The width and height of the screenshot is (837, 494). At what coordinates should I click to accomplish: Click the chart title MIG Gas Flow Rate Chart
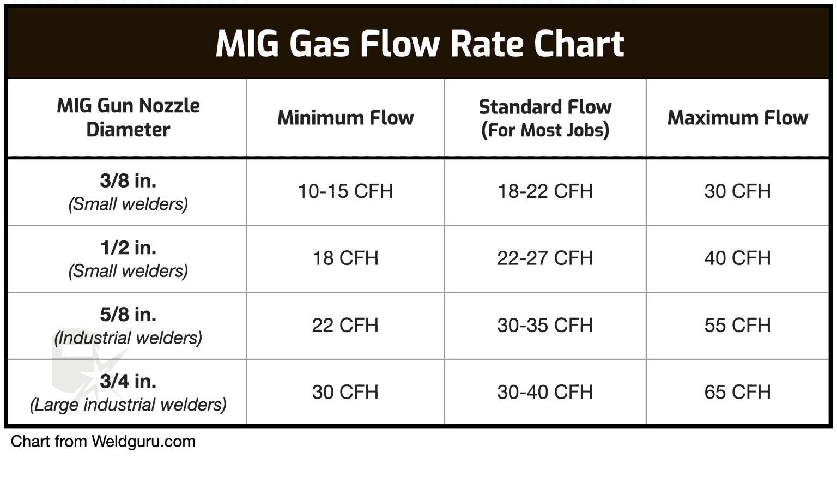point(419,44)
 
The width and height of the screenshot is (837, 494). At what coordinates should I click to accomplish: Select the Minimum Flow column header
point(345,118)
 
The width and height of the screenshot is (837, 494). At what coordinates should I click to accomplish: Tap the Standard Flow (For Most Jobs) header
point(545,118)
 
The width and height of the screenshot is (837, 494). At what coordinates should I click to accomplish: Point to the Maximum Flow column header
point(737,118)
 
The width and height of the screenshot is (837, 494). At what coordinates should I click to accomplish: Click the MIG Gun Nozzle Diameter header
point(128,118)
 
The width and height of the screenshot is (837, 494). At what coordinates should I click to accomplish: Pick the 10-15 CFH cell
point(345,191)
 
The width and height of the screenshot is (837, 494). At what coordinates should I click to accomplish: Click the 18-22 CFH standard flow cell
point(545,191)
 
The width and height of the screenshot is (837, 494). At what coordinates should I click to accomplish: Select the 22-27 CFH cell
point(545,258)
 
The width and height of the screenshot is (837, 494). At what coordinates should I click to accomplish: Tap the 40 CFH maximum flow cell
point(737,258)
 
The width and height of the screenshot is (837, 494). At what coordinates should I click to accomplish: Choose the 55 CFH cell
point(737,326)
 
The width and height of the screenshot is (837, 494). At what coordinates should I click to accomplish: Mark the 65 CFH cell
point(737,392)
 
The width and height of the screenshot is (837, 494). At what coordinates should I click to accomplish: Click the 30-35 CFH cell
point(545,326)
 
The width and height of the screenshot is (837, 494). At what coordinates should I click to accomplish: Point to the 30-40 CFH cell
point(545,392)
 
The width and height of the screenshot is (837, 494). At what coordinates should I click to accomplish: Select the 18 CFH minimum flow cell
point(345,258)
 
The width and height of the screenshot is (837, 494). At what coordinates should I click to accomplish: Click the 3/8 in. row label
point(128,180)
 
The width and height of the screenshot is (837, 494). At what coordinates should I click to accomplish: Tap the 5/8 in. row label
point(128,315)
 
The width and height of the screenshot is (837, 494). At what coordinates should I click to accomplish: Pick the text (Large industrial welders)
point(128,405)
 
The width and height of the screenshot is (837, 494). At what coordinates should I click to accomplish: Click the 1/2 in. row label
point(128,248)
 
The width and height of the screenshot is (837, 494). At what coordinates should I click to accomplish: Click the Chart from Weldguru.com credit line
point(103,442)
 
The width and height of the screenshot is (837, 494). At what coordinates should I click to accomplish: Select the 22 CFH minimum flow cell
point(345,326)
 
